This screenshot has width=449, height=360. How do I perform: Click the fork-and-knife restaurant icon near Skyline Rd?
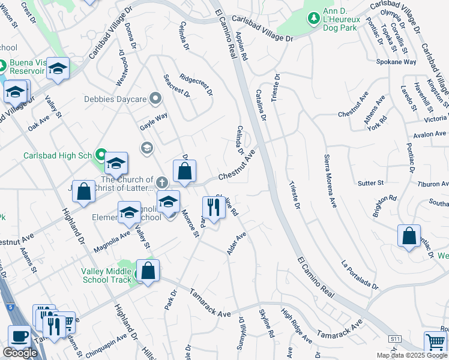(x=213, y=208)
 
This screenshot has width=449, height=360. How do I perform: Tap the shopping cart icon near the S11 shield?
(x=435, y=343)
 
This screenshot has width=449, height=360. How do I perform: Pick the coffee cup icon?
(x=19, y=336)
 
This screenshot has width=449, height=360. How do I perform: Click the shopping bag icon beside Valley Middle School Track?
(x=148, y=271)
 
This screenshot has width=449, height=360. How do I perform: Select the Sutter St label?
(x=370, y=182)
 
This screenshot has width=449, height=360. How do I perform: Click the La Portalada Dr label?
(x=361, y=275)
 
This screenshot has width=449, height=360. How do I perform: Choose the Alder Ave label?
(x=237, y=244)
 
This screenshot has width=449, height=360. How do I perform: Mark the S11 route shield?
(x=394, y=339)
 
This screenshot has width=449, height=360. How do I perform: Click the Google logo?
(x=20, y=353)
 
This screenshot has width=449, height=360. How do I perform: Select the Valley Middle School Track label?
(x=106, y=275)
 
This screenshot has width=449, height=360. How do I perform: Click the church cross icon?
(x=161, y=182)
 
